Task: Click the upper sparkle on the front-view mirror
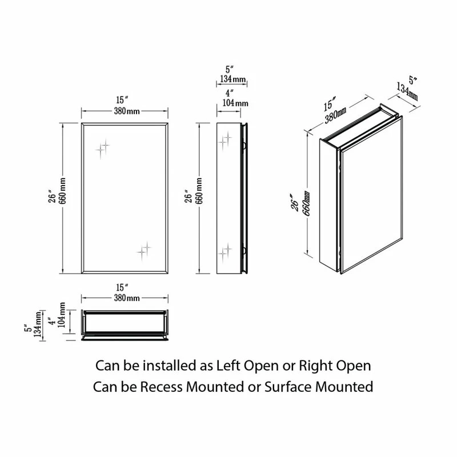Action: tap(103, 147)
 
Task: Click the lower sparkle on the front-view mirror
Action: tap(144, 248)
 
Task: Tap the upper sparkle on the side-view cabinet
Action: tap(226, 139)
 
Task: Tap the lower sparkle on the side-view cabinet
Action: tap(226, 249)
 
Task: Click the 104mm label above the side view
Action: tap(231, 103)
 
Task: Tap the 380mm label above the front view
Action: tap(126, 111)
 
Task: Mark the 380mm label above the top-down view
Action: tap(126, 298)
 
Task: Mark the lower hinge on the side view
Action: tap(245, 249)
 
